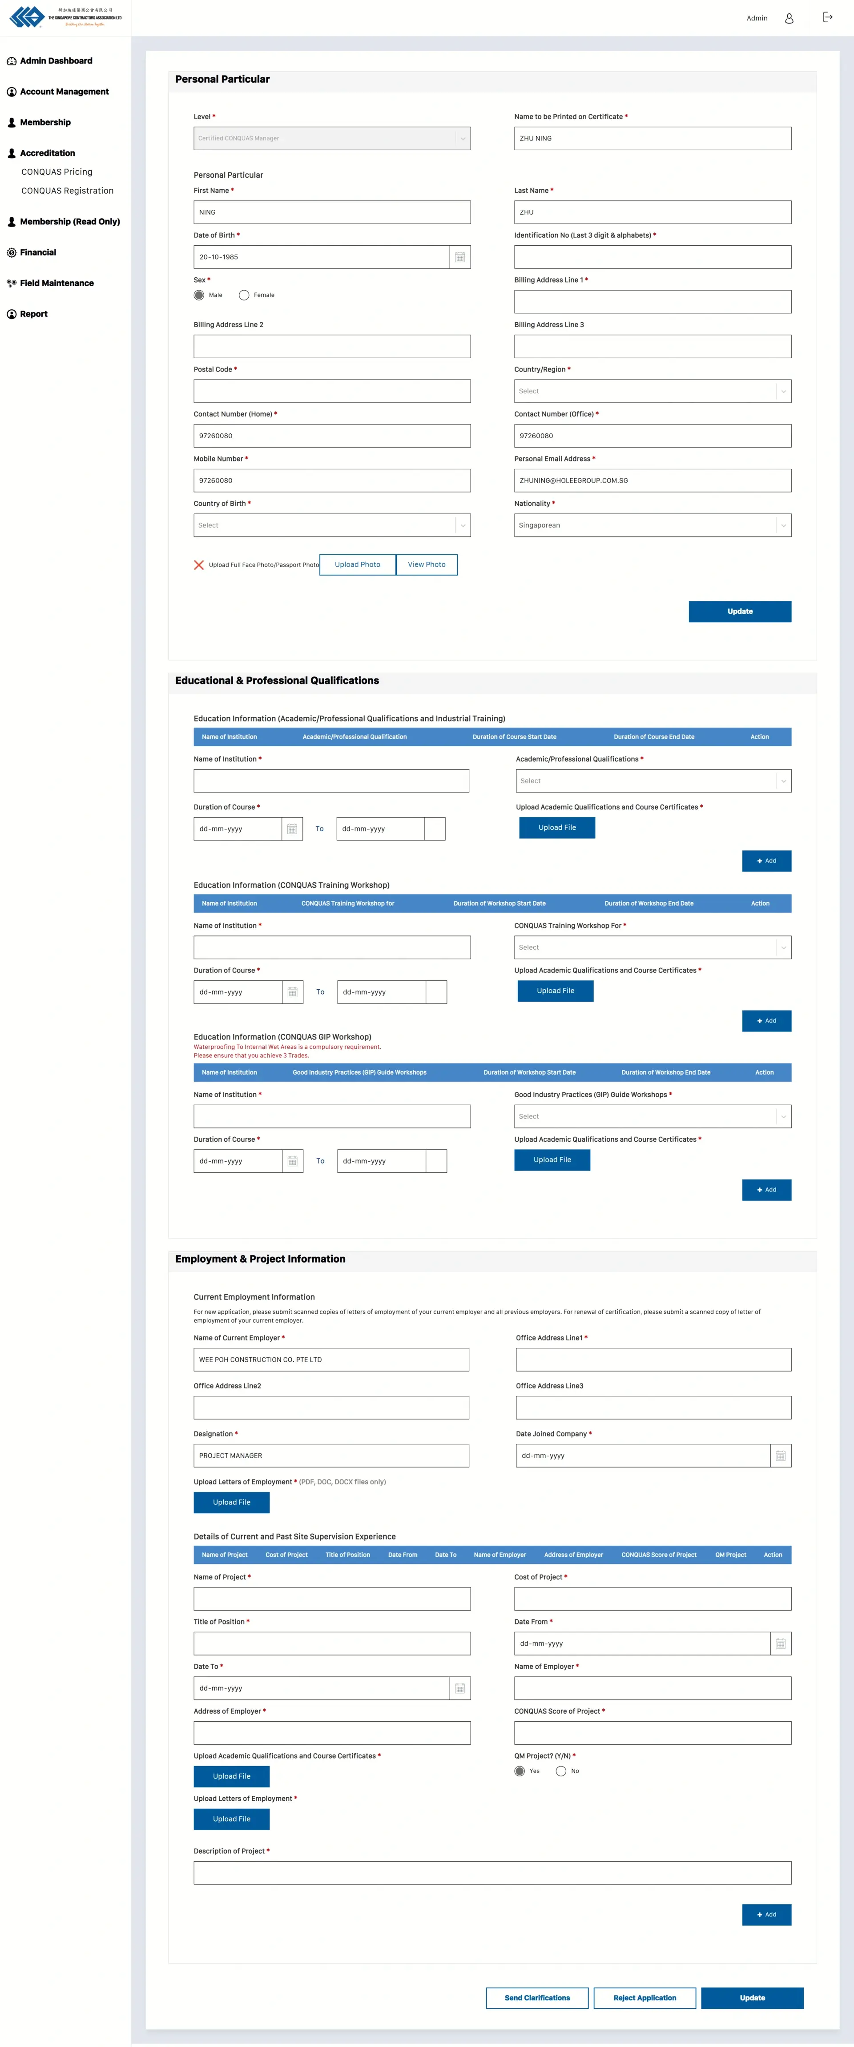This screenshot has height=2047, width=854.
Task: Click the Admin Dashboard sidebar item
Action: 56,61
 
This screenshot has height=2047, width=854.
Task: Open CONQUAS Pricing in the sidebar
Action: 56,172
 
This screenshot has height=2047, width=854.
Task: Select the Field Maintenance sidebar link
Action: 56,283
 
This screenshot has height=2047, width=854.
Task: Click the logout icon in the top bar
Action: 827,17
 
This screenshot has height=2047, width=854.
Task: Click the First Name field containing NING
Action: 331,212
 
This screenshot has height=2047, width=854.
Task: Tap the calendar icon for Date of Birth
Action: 459,257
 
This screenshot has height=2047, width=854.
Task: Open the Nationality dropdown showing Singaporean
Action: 652,525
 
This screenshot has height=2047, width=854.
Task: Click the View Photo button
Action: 426,565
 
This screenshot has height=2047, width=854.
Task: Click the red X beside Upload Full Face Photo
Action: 199,565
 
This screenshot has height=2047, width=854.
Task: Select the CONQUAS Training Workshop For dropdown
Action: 652,947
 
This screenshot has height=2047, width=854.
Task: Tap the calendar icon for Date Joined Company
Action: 780,1456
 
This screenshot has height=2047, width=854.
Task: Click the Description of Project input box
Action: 492,1873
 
